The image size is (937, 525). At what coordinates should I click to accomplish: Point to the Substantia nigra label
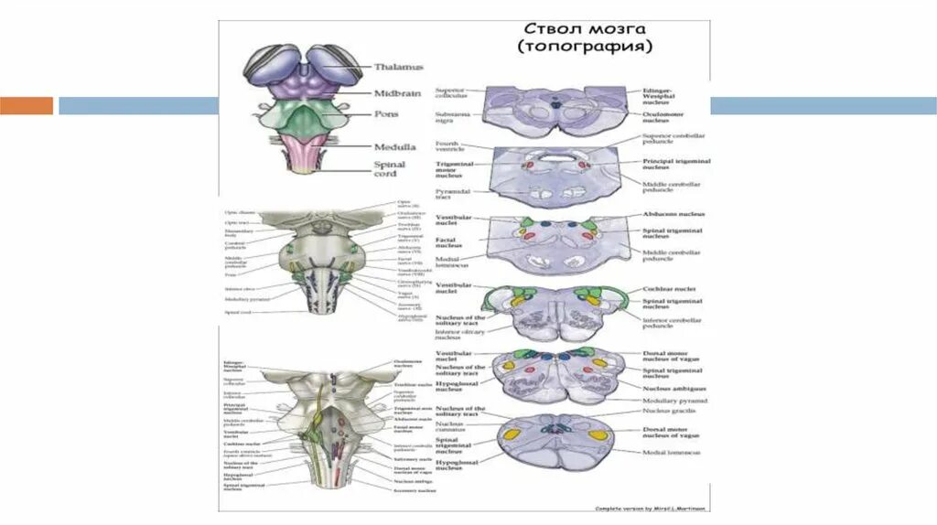450,116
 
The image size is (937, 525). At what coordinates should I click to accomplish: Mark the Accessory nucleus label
412,490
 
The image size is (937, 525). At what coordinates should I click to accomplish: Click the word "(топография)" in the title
585,47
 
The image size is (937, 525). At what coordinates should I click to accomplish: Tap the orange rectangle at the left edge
27,105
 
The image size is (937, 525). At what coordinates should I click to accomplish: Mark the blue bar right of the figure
823,105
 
